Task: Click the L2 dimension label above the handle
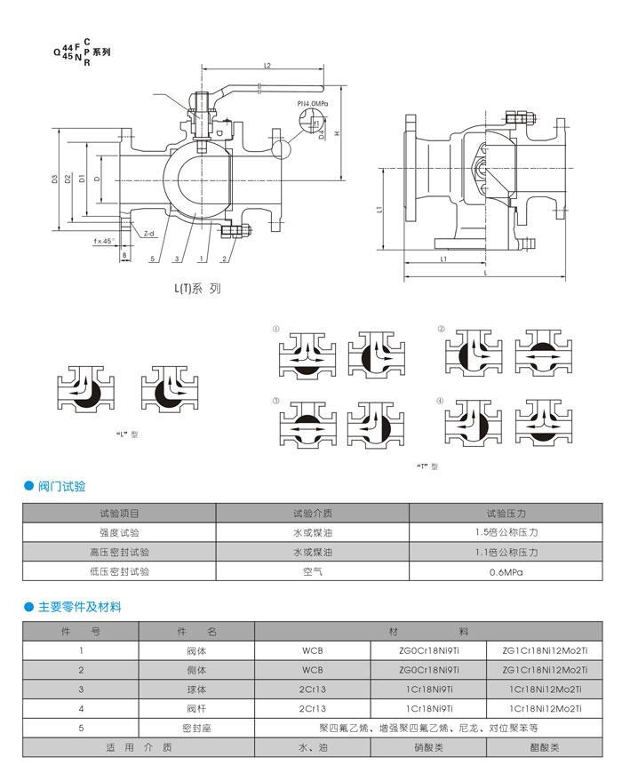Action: (x=267, y=67)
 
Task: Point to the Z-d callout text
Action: (x=148, y=234)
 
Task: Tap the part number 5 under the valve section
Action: (x=153, y=259)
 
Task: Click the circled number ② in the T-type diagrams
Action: (x=441, y=329)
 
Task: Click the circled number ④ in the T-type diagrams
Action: (x=441, y=401)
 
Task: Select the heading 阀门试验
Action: (x=61, y=486)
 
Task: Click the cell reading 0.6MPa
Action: (x=506, y=573)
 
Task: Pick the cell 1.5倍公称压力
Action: (x=506, y=532)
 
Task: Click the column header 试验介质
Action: (x=312, y=513)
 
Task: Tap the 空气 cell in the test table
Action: (x=312, y=573)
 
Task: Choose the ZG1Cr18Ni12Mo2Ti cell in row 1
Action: (x=545, y=650)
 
